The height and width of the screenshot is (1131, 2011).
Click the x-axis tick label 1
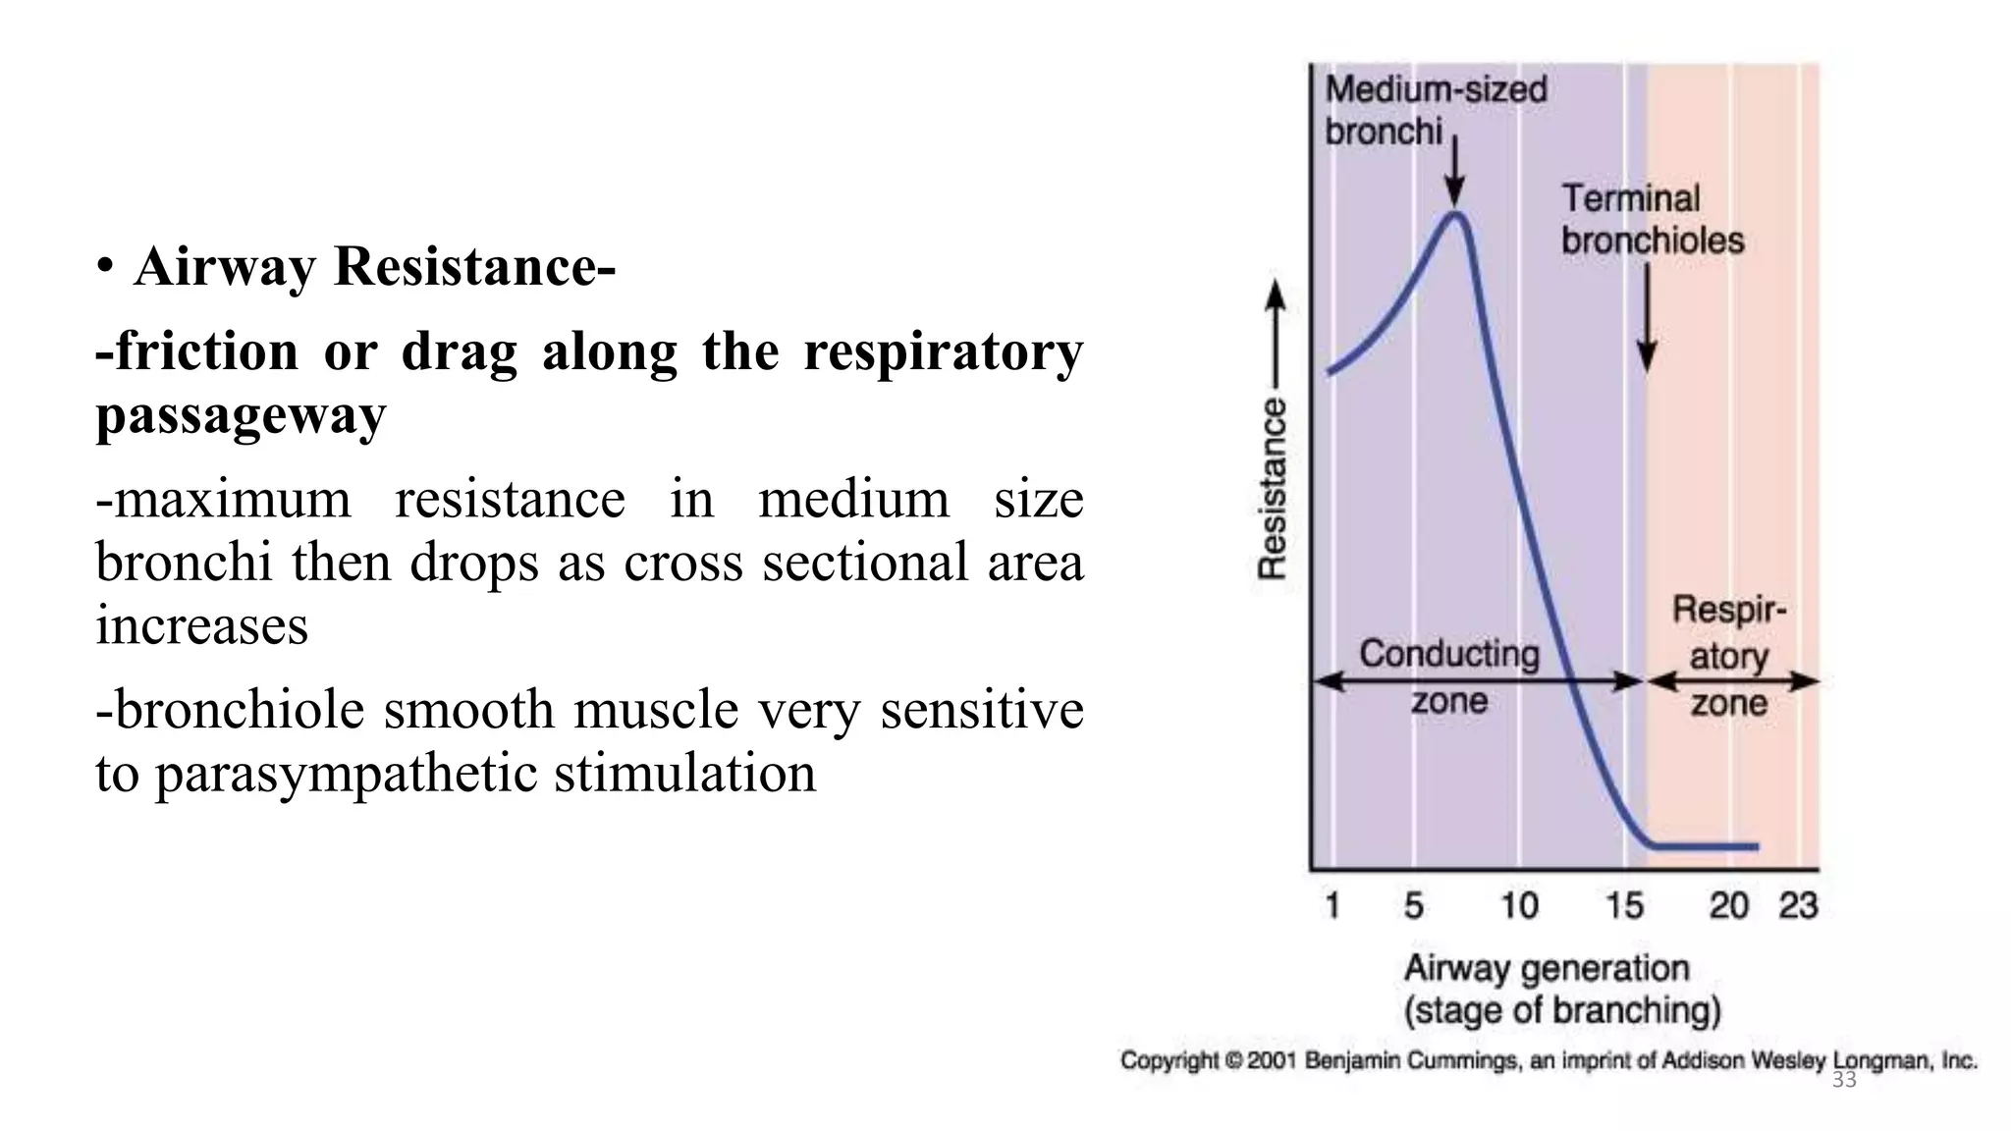(1332, 905)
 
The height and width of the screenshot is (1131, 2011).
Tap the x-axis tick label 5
(1413, 905)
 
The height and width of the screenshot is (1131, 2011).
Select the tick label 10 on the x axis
(1519, 905)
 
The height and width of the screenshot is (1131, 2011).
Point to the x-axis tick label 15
(1624, 905)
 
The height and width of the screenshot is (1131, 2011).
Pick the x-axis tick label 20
(1729, 905)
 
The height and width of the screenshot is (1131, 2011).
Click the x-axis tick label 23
(1799, 905)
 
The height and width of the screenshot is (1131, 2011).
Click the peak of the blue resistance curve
(1456, 214)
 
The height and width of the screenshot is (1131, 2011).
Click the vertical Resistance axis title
(1273, 488)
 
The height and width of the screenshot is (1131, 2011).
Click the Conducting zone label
(1449, 676)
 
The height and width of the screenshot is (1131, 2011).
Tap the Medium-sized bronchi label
(1436, 110)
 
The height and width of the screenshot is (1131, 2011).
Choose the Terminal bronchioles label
(1653, 219)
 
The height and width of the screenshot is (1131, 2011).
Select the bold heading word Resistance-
(474, 266)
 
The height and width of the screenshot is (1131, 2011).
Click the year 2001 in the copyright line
(1273, 1061)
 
